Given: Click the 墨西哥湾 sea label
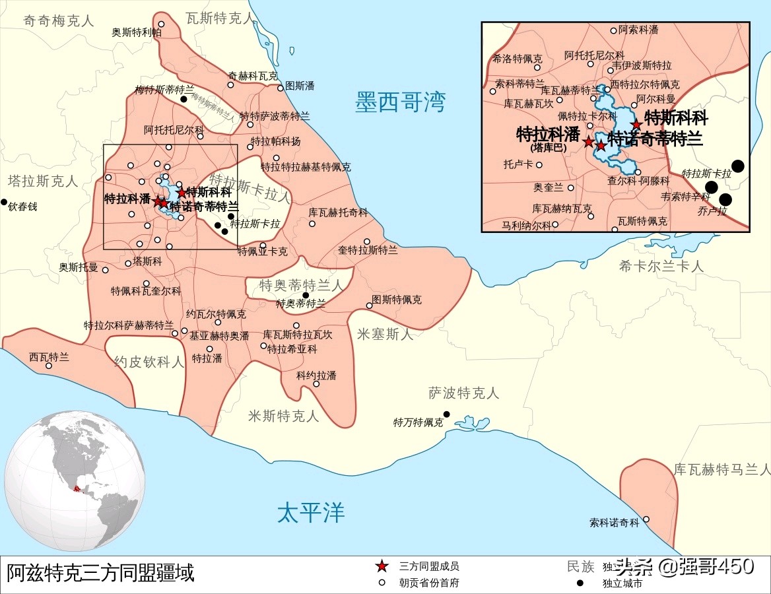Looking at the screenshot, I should (x=401, y=102).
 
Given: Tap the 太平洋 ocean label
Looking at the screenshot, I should (x=311, y=512).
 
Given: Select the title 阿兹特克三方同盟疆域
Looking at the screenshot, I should (x=101, y=572).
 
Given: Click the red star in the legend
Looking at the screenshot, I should (x=382, y=566).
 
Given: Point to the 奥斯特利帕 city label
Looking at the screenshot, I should (x=137, y=32).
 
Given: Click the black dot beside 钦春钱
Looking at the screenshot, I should (x=4, y=202).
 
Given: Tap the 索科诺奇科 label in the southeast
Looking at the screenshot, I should (x=615, y=523).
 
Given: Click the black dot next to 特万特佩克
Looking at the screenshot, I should (x=447, y=414).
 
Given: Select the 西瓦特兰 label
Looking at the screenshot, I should (x=49, y=357).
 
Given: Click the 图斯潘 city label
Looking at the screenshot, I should (x=300, y=86).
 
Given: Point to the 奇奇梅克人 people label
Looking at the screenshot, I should (x=59, y=20).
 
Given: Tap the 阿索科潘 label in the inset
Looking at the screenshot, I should (x=638, y=30).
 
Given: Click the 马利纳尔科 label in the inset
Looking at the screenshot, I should (x=526, y=224).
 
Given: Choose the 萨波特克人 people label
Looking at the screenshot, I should (x=464, y=393).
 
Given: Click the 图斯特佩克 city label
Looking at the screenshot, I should (x=396, y=300).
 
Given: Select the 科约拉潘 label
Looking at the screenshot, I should (x=316, y=375).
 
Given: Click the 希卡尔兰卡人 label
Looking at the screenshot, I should (x=661, y=267).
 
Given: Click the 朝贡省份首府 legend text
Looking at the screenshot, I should (x=428, y=583).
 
